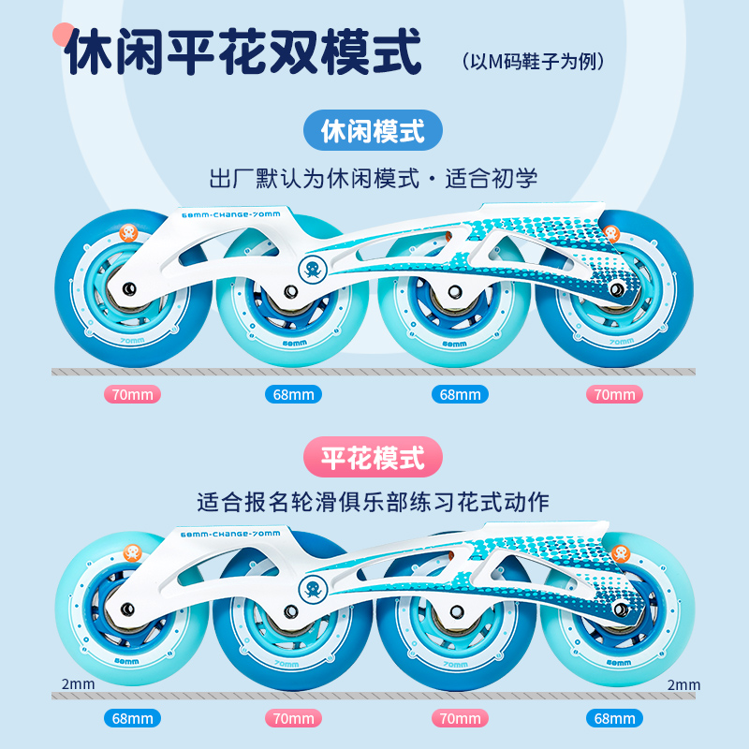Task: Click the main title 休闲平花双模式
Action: tap(242, 55)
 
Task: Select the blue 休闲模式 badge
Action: tap(373, 131)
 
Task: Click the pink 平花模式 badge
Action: tap(373, 457)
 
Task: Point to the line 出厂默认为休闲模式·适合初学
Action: tap(373, 179)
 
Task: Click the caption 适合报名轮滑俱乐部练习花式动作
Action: tap(373, 502)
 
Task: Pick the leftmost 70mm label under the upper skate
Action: tap(132, 394)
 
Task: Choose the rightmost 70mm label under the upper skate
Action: tap(615, 394)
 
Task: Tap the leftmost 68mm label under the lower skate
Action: tap(132, 719)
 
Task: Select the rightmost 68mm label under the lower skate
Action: tap(615, 719)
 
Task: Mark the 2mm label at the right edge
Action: tap(683, 684)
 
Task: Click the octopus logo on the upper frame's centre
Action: tap(312, 271)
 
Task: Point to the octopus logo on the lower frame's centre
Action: tap(312, 592)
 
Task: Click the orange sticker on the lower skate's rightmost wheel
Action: tap(621, 553)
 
